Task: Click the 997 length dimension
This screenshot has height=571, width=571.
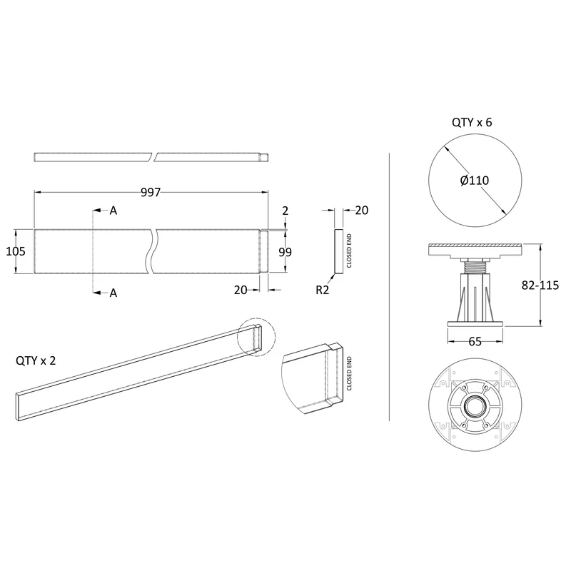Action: coord(151,192)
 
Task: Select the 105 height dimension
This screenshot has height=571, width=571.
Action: coord(16,251)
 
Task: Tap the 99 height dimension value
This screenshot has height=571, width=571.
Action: coord(285,252)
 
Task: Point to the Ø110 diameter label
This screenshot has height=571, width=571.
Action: coord(475,181)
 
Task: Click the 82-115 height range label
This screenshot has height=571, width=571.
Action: coord(540,285)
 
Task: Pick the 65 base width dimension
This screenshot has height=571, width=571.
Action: coord(475,342)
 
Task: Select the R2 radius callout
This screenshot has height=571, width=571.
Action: coord(323,290)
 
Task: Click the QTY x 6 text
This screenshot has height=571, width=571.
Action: coord(472,122)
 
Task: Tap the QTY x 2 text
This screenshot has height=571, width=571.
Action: coord(36,360)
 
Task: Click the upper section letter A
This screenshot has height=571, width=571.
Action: coord(113,211)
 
